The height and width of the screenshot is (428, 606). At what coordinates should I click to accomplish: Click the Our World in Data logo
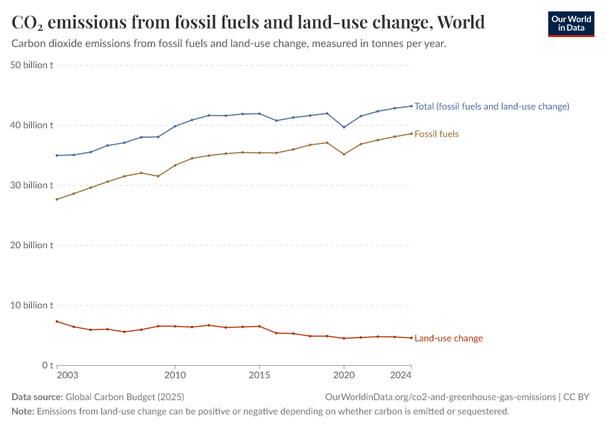[570, 24]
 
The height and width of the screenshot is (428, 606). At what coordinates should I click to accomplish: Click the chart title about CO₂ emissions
[248, 22]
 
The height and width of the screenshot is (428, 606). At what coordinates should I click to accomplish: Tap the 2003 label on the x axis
[67, 375]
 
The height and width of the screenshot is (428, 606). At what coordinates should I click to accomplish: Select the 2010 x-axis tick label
[175, 375]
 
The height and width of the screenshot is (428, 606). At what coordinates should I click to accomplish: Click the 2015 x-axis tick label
[260, 375]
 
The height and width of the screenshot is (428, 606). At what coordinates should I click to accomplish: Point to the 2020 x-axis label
[344, 375]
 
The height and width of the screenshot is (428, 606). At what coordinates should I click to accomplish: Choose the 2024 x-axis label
[401, 375]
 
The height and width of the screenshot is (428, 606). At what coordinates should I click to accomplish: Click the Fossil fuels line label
[436, 134]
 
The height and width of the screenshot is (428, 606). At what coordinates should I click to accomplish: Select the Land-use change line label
[448, 338]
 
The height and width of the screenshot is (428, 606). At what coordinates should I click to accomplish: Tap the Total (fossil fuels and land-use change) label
[491, 106]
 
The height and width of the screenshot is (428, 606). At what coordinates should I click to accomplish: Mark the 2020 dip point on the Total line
[344, 127]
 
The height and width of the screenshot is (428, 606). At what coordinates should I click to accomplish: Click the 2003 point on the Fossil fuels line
[56, 199]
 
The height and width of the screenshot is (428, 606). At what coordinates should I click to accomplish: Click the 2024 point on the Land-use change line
[411, 337]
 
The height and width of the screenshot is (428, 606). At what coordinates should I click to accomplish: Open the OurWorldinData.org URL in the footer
[440, 397]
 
